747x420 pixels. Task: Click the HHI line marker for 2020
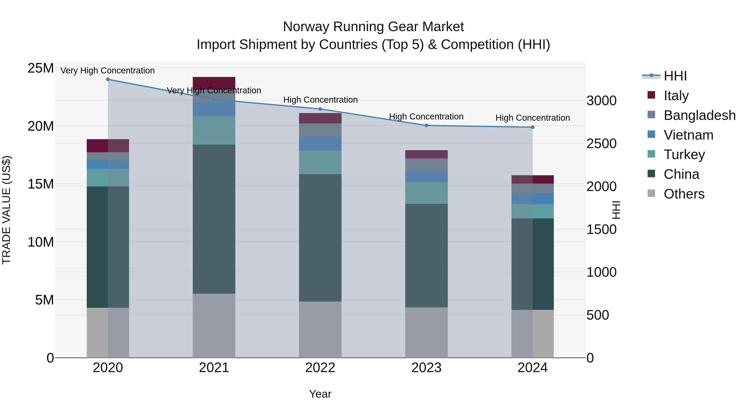tap(108, 79)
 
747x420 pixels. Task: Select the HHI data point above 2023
tap(426, 125)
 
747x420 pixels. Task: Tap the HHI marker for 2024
tap(532, 127)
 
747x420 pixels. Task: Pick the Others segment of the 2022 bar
tap(320, 330)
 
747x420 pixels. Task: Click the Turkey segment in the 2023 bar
tap(426, 193)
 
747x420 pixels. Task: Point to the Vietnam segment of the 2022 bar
tap(320, 144)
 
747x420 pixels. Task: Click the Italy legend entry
tap(676, 96)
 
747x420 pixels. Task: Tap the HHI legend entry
tap(675, 76)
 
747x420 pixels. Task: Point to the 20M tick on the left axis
tap(41, 126)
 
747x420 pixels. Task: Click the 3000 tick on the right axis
tap(601, 101)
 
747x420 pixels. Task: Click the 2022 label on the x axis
tap(320, 368)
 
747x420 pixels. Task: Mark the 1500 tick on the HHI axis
tap(601, 230)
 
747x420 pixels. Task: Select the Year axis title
tap(320, 394)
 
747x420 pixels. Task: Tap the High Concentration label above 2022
tap(320, 100)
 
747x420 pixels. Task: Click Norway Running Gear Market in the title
tap(373, 27)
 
